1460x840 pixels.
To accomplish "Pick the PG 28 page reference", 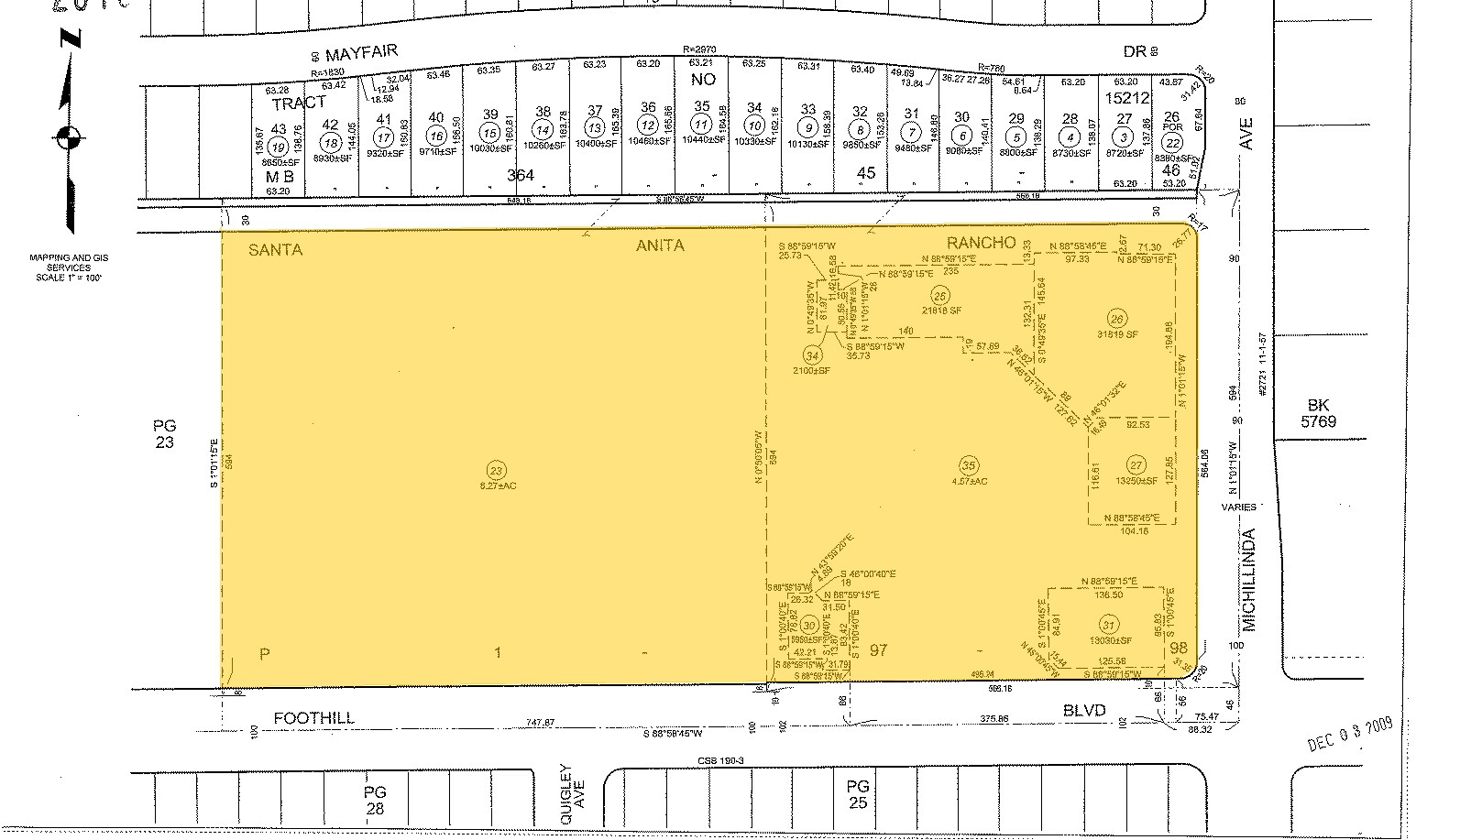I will [x=375, y=800].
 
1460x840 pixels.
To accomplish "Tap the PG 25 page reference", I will [x=858, y=794].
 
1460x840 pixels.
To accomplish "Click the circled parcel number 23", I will [x=498, y=471].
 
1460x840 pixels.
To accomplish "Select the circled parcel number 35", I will [x=968, y=464].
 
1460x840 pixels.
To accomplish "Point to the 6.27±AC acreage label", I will [x=499, y=485].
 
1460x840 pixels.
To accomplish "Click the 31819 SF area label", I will [x=1117, y=335].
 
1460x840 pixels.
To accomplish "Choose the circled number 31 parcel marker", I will [x=1109, y=625].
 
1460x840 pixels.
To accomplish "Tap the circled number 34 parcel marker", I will [x=811, y=355].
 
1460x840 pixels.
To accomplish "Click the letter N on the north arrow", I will [x=71, y=38].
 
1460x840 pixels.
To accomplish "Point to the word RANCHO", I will [x=981, y=243].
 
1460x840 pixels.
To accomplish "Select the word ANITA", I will [x=660, y=245].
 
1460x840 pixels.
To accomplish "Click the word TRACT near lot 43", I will [x=299, y=104].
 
